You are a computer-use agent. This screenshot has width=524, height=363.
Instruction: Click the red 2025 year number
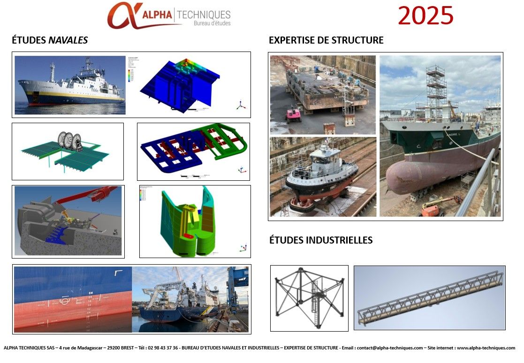click(x=425, y=16)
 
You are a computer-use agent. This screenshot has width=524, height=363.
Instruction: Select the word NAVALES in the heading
click(x=68, y=41)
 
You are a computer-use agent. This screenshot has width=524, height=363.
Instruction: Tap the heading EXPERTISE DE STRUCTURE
click(x=326, y=40)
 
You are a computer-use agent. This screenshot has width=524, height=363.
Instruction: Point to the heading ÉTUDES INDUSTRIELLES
click(x=321, y=240)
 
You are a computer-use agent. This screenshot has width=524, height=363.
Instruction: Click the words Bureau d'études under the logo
click(x=212, y=23)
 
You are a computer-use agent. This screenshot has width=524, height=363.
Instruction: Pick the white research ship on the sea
click(x=70, y=87)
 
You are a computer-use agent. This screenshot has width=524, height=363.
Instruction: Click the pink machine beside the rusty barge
click(x=293, y=115)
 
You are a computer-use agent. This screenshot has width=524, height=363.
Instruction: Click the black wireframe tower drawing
click(x=309, y=297)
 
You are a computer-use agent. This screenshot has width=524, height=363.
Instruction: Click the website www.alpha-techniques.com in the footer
click(x=486, y=348)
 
